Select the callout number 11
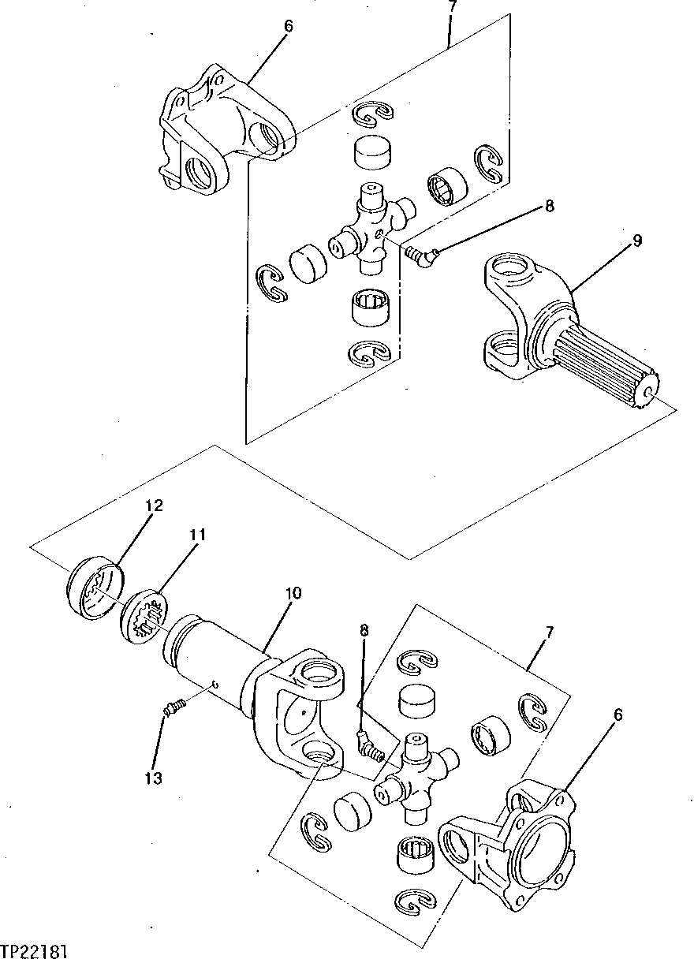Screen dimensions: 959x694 196,535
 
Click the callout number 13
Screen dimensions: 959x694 153,778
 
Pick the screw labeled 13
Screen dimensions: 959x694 173,707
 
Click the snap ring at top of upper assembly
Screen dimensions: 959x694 372,114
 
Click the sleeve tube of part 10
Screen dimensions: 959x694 213,655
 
